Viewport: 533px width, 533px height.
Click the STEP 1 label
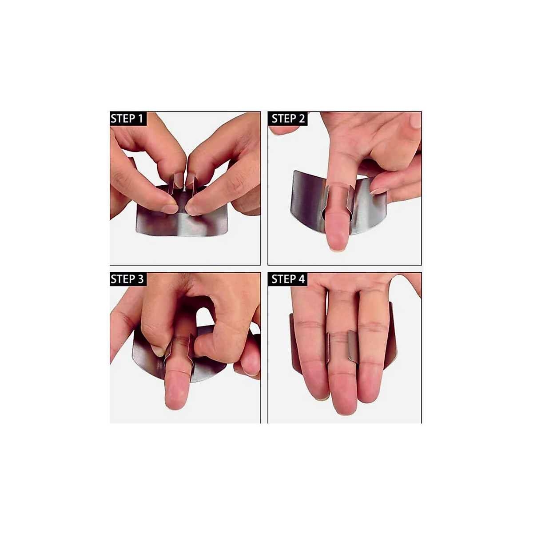(x=127, y=119)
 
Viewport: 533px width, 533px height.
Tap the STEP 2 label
(x=288, y=119)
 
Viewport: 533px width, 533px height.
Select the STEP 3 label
(x=127, y=279)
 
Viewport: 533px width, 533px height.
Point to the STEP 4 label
(x=288, y=279)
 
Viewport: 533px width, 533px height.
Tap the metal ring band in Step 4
(x=353, y=346)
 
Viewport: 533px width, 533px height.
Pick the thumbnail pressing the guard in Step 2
(x=378, y=191)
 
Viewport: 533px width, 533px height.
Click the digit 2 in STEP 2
(x=302, y=119)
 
